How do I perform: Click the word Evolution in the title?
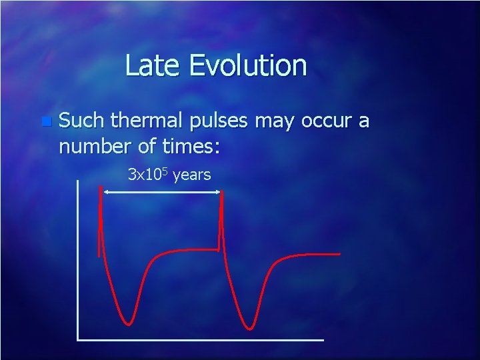248,66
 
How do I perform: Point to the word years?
192,176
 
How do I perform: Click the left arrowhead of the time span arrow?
105,192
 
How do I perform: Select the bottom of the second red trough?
249,328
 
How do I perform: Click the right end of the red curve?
339,254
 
